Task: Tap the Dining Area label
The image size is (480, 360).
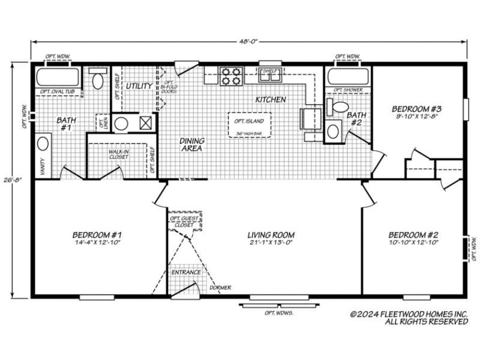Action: point(192,145)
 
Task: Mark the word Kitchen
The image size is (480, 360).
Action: point(271,100)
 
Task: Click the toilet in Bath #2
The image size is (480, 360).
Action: point(339,107)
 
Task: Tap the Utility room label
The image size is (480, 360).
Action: point(139,86)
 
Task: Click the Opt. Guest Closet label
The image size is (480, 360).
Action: point(184,221)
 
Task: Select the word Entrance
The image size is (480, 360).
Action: point(186,272)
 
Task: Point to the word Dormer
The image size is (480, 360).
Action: point(220,287)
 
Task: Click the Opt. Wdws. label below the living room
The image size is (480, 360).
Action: point(278,313)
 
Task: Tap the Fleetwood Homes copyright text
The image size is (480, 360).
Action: point(408,317)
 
